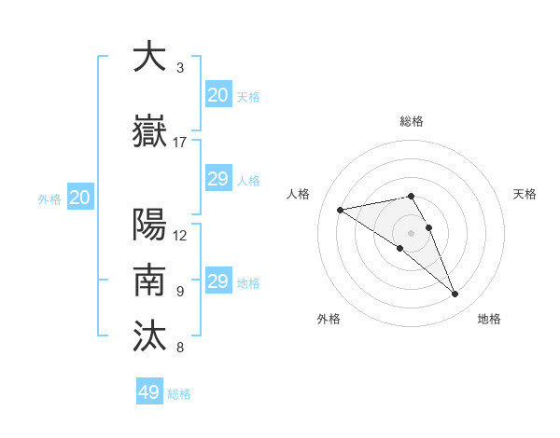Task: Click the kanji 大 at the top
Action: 150,58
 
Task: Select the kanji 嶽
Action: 150,131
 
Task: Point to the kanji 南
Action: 150,281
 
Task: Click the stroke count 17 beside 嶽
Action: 180,143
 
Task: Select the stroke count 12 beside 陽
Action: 180,235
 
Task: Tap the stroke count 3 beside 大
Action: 180,68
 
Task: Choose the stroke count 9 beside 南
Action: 180,291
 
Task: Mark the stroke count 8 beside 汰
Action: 180,347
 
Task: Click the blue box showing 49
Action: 149,392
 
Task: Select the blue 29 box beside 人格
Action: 217,179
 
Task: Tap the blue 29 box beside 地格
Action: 217,281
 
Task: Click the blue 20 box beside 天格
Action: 217,95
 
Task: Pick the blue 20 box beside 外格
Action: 80,198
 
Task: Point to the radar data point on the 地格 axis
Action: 455,294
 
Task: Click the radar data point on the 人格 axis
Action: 341,209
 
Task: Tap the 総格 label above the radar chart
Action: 411,121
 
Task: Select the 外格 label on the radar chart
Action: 329,319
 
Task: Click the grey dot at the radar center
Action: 411,232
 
